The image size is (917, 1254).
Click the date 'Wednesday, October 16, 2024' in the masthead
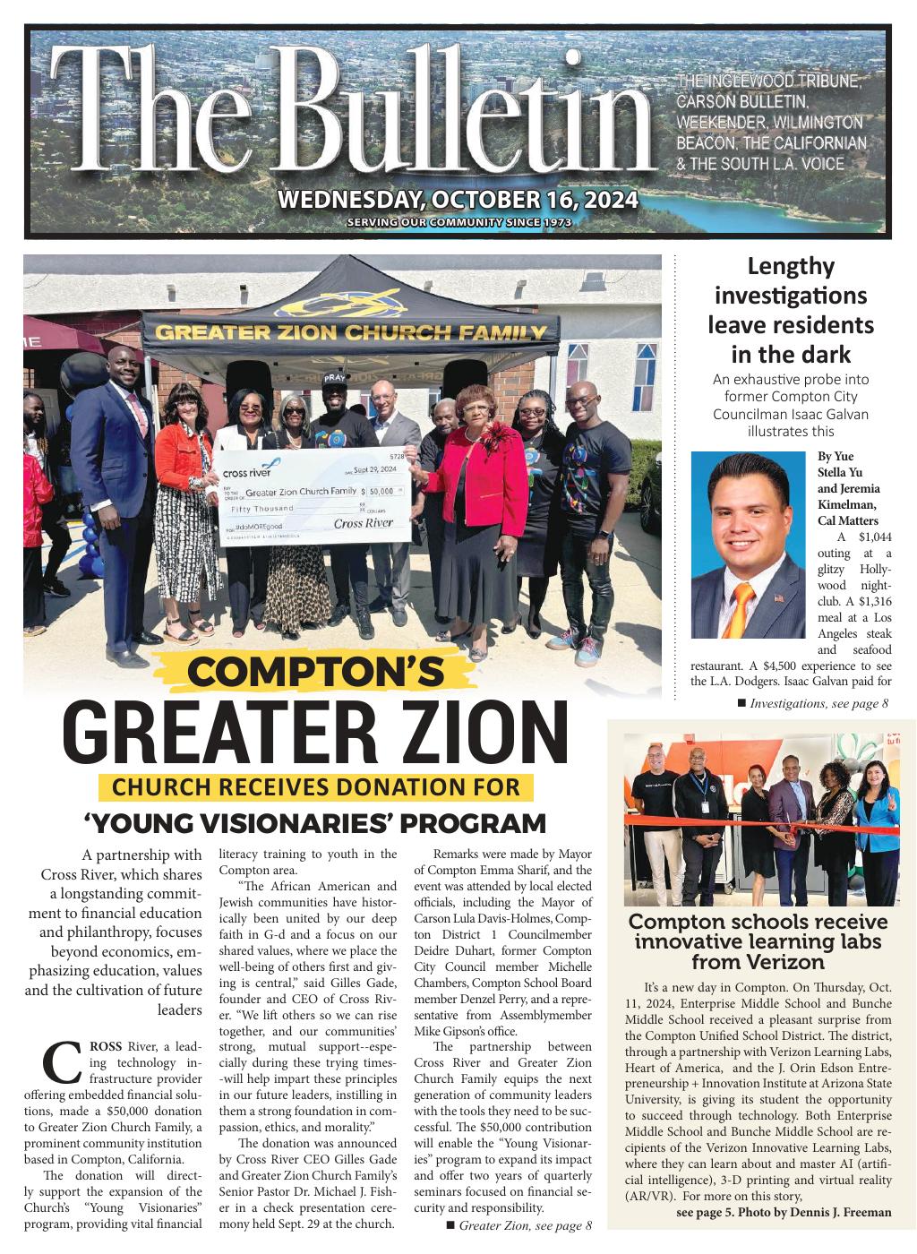click(x=458, y=199)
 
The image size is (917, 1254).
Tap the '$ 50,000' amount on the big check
click(x=382, y=492)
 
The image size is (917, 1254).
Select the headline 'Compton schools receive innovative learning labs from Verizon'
click(x=758, y=941)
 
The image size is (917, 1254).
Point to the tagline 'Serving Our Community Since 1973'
click(x=458, y=222)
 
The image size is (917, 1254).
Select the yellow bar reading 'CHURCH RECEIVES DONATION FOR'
click(x=316, y=787)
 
